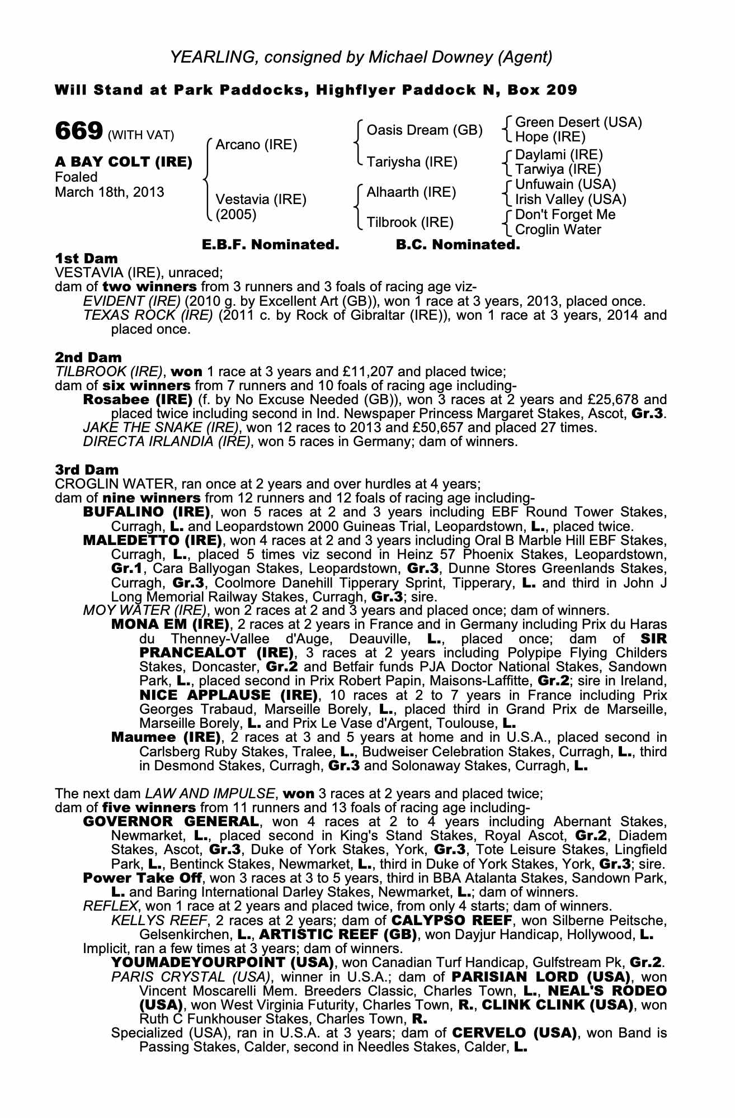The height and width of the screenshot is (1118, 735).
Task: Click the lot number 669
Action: click(x=78, y=131)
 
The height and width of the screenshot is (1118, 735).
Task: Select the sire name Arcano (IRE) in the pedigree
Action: click(x=256, y=145)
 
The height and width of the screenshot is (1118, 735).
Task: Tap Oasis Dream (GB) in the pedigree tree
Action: click(x=424, y=130)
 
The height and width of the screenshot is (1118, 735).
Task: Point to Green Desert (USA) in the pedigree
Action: click(x=578, y=122)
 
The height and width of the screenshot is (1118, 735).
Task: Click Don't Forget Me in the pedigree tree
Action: click(x=565, y=215)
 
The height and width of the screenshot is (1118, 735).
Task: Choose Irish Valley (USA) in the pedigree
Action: click(x=571, y=200)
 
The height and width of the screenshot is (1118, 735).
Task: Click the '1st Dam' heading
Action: click(x=86, y=258)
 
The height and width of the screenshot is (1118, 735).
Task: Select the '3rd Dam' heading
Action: click(x=87, y=470)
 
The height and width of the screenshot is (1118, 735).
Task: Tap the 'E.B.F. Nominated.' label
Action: click(x=270, y=245)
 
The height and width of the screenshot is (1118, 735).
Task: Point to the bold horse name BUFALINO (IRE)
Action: click(x=146, y=512)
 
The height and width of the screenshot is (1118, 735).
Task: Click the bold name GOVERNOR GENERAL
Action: click(x=171, y=822)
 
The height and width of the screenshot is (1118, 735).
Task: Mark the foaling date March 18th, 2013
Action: click(x=110, y=192)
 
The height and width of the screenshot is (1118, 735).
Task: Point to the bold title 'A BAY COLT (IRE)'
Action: click(x=124, y=162)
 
